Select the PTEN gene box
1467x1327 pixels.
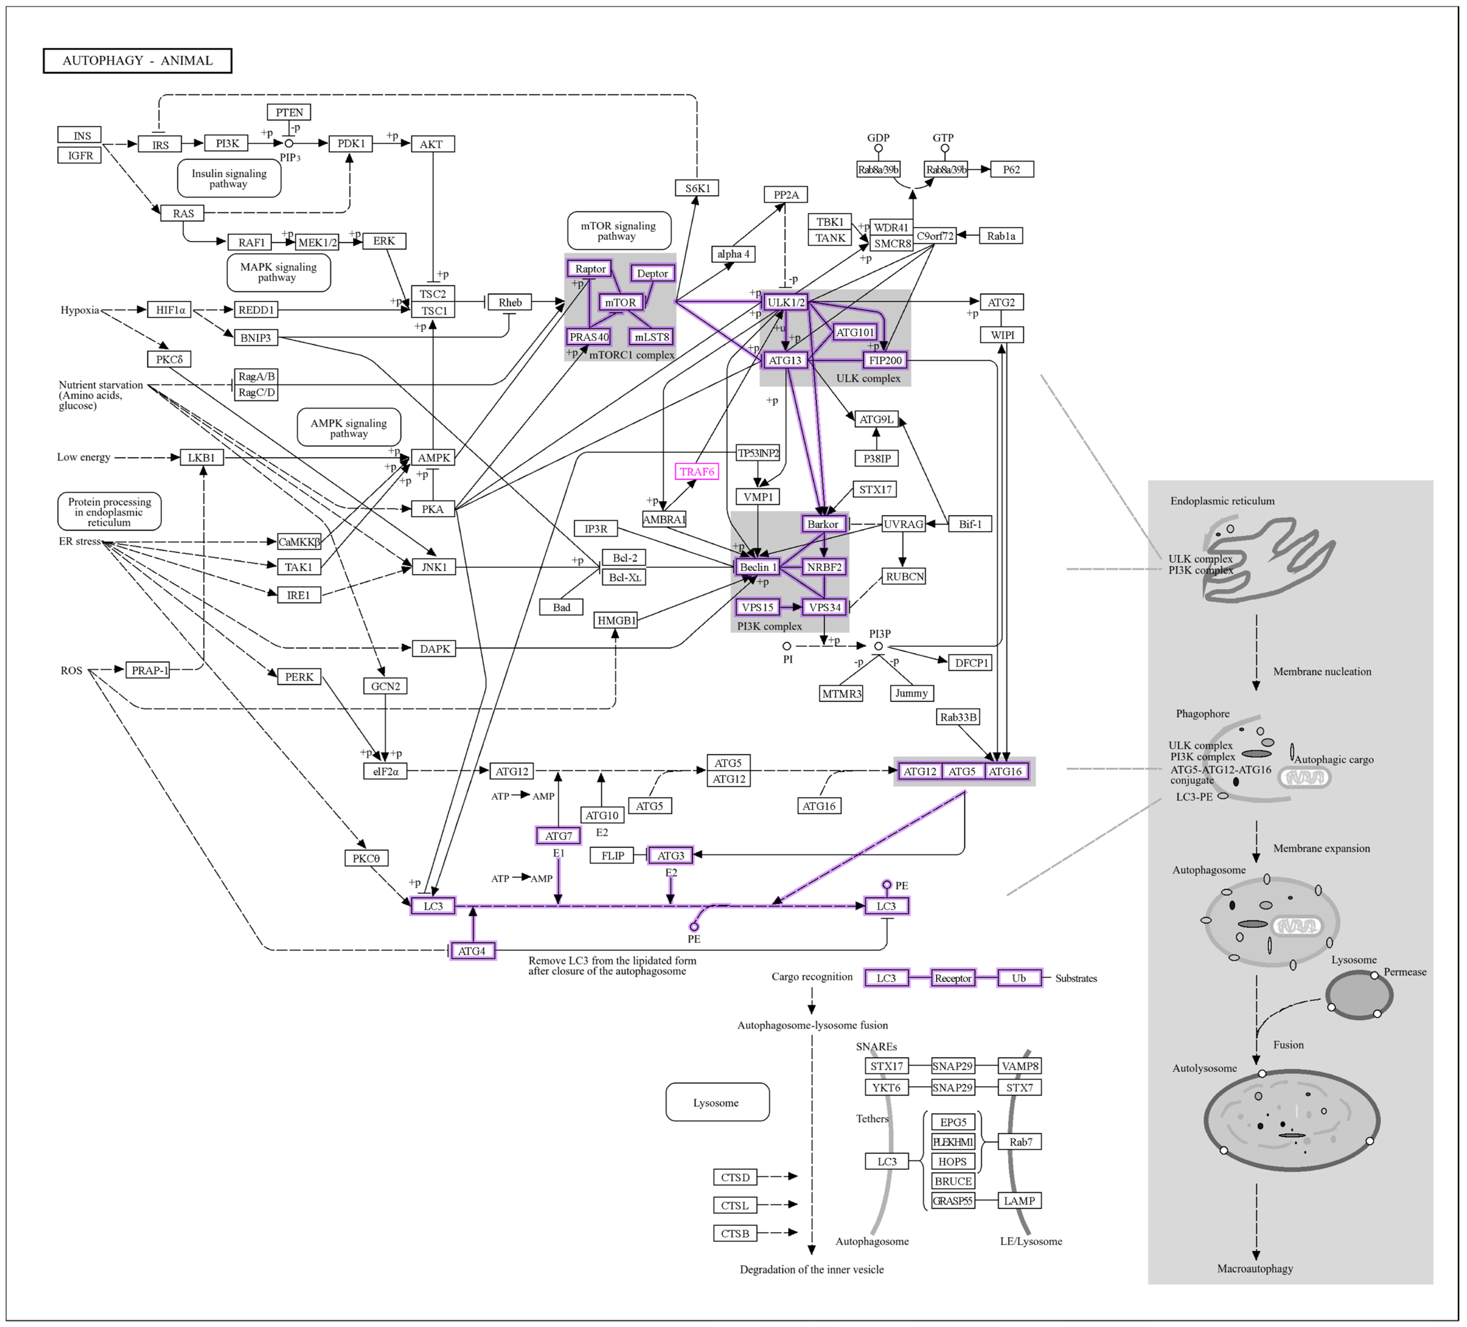pyautogui.click(x=289, y=112)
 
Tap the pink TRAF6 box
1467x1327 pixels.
pyautogui.click(x=696, y=471)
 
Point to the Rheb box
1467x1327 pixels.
pyautogui.click(x=509, y=302)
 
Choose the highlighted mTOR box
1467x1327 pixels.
pyautogui.click(x=620, y=302)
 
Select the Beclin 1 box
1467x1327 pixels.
pyautogui.click(x=758, y=567)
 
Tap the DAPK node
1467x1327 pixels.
pyautogui.click(x=434, y=648)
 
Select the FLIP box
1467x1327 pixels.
pyautogui.click(x=612, y=856)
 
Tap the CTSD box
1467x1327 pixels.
pyautogui.click(x=735, y=1177)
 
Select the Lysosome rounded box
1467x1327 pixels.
pyautogui.click(x=717, y=1102)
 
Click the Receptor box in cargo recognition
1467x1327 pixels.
pyautogui.click(x=953, y=978)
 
